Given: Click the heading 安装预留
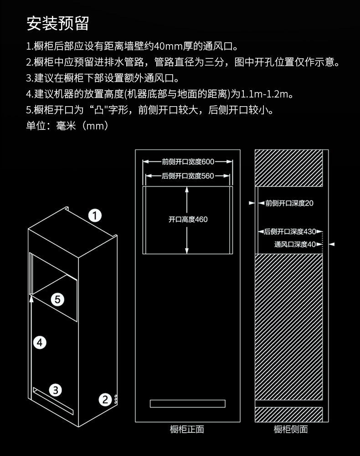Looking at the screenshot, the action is click(x=57, y=23).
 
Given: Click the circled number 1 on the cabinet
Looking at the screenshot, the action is click(x=95, y=216).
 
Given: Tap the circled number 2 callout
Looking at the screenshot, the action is click(x=105, y=400).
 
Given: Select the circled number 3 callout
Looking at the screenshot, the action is click(x=55, y=390).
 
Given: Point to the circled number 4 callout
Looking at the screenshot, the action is click(x=40, y=342).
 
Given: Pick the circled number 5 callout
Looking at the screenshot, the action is click(x=57, y=299).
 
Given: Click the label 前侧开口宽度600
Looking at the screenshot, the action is click(x=188, y=162).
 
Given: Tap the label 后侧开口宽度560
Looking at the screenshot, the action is click(x=188, y=176).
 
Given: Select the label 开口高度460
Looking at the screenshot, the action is click(x=188, y=219).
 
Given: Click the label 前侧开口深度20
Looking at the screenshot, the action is click(x=289, y=203).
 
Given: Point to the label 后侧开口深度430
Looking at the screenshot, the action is click(x=290, y=231).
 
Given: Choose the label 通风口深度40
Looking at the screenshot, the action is click(x=295, y=244).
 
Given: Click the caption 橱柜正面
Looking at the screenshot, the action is click(x=187, y=429).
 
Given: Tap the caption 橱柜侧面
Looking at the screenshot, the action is click(x=291, y=429).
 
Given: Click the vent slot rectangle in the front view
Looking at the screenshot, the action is click(x=188, y=403).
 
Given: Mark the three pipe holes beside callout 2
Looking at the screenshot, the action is click(x=116, y=400).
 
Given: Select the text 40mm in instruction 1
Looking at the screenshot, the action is click(x=168, y=46).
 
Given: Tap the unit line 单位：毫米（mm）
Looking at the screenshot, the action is click(x=67, y=126).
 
